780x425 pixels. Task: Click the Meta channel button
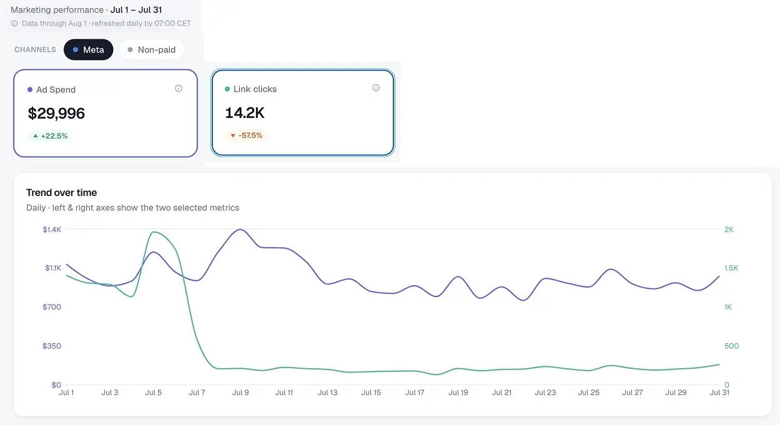coord(89,49)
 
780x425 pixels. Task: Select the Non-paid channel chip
coord(152,49)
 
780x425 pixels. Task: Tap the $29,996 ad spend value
coord(56,114)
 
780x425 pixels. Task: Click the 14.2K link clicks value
coord(245,113)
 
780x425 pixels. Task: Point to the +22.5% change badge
coord(50,136)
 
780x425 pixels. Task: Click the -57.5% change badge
coord(246,135)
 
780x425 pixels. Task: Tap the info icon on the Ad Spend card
coord(179,89)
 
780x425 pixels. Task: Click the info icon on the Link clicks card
coord(376,88)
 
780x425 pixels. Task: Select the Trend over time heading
coord(62,192)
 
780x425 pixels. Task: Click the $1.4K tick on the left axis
coord(52,230)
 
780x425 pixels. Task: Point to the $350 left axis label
coord(52,346)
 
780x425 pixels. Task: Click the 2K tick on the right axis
coord(729,230)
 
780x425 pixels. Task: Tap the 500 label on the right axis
coord(731,346)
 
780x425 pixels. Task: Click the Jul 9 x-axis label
coord(240,393)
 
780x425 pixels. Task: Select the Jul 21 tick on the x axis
coord(501,393)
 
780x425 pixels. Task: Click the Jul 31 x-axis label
coord(719,393)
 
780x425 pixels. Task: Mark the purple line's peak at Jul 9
coord(240,230)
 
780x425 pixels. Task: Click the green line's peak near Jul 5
coord(154,232)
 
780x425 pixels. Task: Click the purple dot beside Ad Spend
coord(30,90)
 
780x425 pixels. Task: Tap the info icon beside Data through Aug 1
coord(14,23)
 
